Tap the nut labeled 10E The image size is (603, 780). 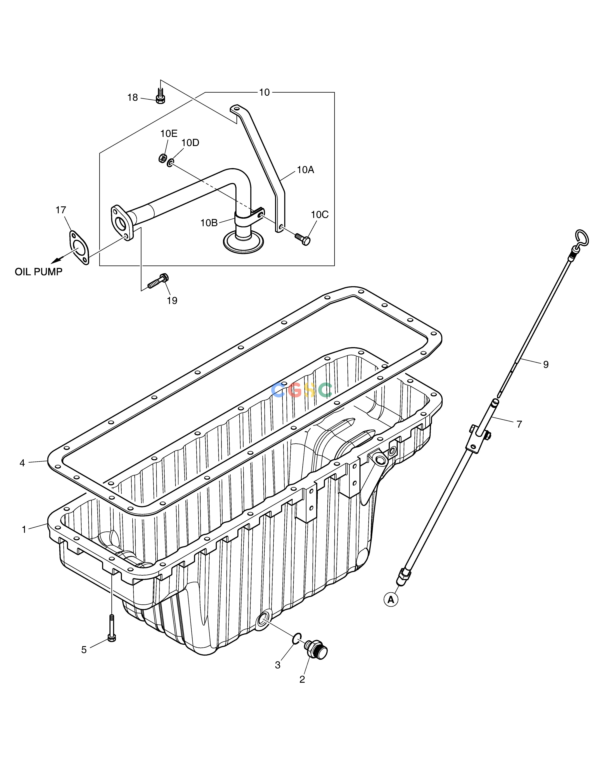(x=162, y=158)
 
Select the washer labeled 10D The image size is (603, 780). (x=171, y=163)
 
